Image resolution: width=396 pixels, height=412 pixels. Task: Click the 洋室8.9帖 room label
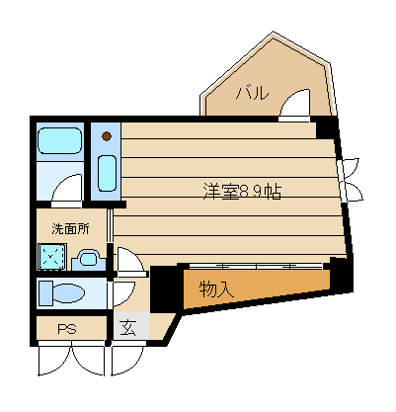(242, 192)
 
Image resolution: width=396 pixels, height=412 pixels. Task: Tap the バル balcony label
(252, 93)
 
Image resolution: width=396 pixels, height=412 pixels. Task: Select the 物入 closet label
(216, 289)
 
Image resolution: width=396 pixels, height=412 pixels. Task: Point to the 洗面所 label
(70, 229)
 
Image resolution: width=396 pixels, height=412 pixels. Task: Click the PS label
(67, 329)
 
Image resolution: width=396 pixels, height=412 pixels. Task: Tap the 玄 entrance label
(127, 329)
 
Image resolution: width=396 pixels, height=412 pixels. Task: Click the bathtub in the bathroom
(59, 141)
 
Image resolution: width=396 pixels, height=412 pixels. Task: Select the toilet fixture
(61, 292)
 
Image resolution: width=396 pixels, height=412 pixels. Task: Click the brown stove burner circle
(107, 135)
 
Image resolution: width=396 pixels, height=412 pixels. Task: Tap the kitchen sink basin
(108, 173)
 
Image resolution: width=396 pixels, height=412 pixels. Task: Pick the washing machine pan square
(52, 257)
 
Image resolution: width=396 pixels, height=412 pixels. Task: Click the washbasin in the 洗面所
(88, 259)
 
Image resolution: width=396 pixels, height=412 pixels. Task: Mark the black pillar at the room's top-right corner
(326, 127)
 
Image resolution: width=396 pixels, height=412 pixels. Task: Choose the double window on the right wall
(350, 180)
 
